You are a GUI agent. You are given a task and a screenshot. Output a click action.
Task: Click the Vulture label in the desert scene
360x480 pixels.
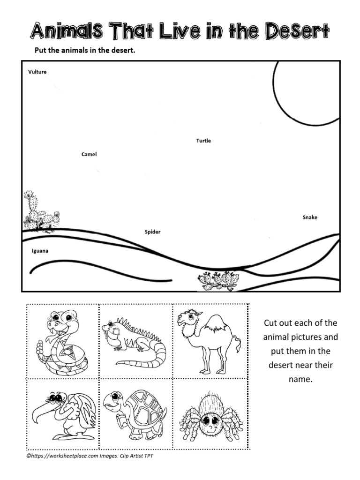37,72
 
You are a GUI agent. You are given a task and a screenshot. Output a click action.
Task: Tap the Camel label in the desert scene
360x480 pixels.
89,154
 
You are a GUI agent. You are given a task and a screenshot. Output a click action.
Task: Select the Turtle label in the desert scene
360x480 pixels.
203,141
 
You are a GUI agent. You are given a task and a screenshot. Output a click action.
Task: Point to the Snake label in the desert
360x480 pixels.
310,217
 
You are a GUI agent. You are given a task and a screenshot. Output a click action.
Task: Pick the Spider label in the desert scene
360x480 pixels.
152,232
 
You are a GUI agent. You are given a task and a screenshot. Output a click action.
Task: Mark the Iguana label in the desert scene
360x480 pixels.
40,251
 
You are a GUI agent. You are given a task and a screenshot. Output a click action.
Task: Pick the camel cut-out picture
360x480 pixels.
209,341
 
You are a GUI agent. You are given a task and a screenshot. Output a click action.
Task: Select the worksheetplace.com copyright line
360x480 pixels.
89,455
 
